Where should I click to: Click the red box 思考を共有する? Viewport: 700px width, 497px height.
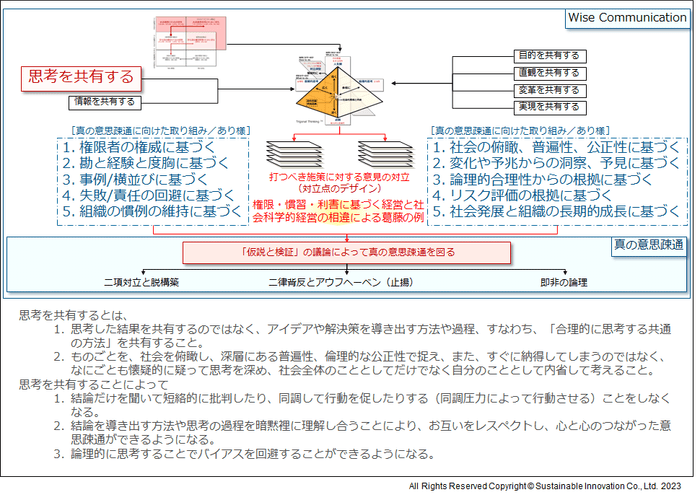pyautogui.click(x=81, y=76)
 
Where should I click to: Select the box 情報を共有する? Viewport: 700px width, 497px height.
pyautogui.click(x=104, y=102)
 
